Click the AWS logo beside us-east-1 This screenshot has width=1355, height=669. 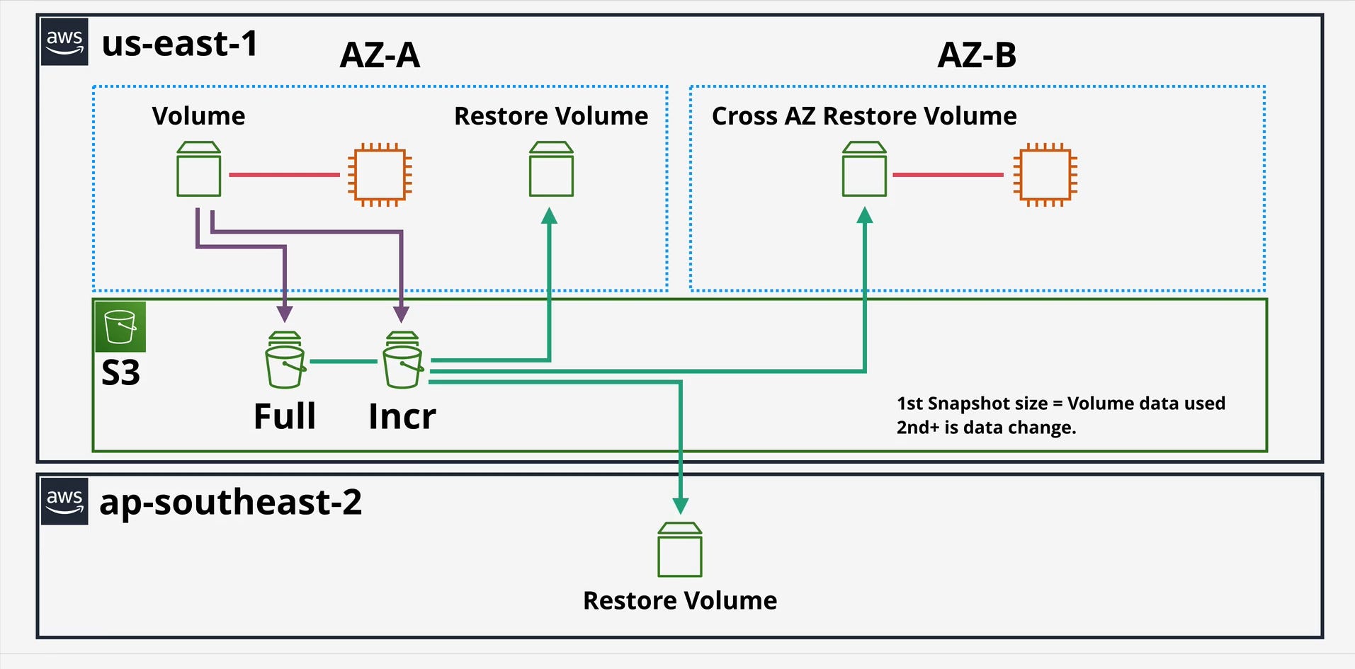point(64,42)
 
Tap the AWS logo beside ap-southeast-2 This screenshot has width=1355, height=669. point(64,501)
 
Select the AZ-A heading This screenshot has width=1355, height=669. point(380,55)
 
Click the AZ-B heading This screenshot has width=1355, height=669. point(977,55)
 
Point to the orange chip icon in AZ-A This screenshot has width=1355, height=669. point(380,175)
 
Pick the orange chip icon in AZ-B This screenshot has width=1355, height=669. point(1045,175)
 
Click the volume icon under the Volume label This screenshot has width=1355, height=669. point(198,169)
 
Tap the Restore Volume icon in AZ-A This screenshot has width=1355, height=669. point(551,169)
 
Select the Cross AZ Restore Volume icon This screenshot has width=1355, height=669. point(864,169)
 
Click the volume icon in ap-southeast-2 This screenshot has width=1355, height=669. point(680,550)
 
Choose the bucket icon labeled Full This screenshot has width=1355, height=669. point(285,360)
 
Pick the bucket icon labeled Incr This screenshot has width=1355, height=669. point(403,360)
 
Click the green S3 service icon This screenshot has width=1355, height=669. point(120,326)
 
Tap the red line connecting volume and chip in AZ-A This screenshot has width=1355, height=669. point(284,175)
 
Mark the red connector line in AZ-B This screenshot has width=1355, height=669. point(948,175)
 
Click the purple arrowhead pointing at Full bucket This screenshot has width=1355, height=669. point(285,314)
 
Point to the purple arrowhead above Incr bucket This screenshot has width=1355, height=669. point(401,314)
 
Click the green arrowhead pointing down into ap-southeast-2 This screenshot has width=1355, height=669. point(681,505)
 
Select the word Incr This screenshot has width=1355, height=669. point(402,416)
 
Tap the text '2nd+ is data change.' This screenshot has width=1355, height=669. point(986,428)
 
